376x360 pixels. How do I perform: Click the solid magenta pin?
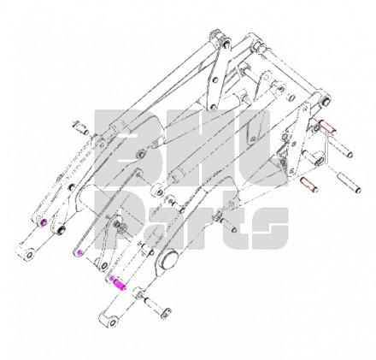(x=120, y=285)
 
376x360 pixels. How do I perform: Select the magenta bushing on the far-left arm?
(x=44, y=222)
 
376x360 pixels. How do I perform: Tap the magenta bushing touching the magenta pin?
(x=112, y=278)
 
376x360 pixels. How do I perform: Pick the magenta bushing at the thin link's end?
(x=80, y=252)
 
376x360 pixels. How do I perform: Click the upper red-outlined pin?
(x=328, y=127)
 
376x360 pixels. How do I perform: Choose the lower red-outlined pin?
(x=309, y=185)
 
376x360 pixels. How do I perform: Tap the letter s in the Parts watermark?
(x=270, y=228)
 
